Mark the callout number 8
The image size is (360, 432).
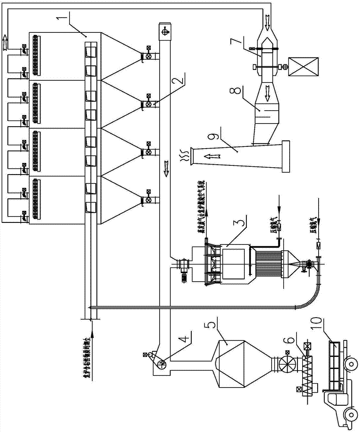(244, 92)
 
